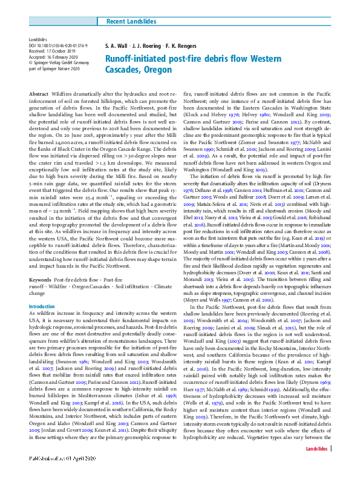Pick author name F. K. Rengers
click(x=180, y=46)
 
